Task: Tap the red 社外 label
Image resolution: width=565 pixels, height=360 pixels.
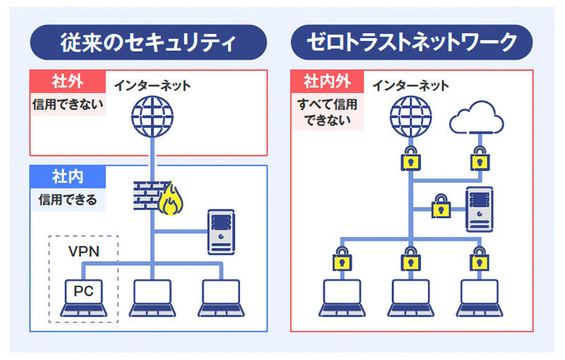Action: click(x=68, y=81)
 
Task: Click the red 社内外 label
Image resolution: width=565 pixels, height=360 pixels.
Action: click(x=327, y=81)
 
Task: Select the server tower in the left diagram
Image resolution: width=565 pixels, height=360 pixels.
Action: click(x=221, y=231)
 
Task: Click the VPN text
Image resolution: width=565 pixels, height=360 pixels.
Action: click(x=83, y=251)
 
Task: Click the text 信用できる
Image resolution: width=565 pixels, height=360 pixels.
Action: click(x=68, y=200)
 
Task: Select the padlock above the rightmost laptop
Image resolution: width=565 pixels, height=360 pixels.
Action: click(x=480, y=258)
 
